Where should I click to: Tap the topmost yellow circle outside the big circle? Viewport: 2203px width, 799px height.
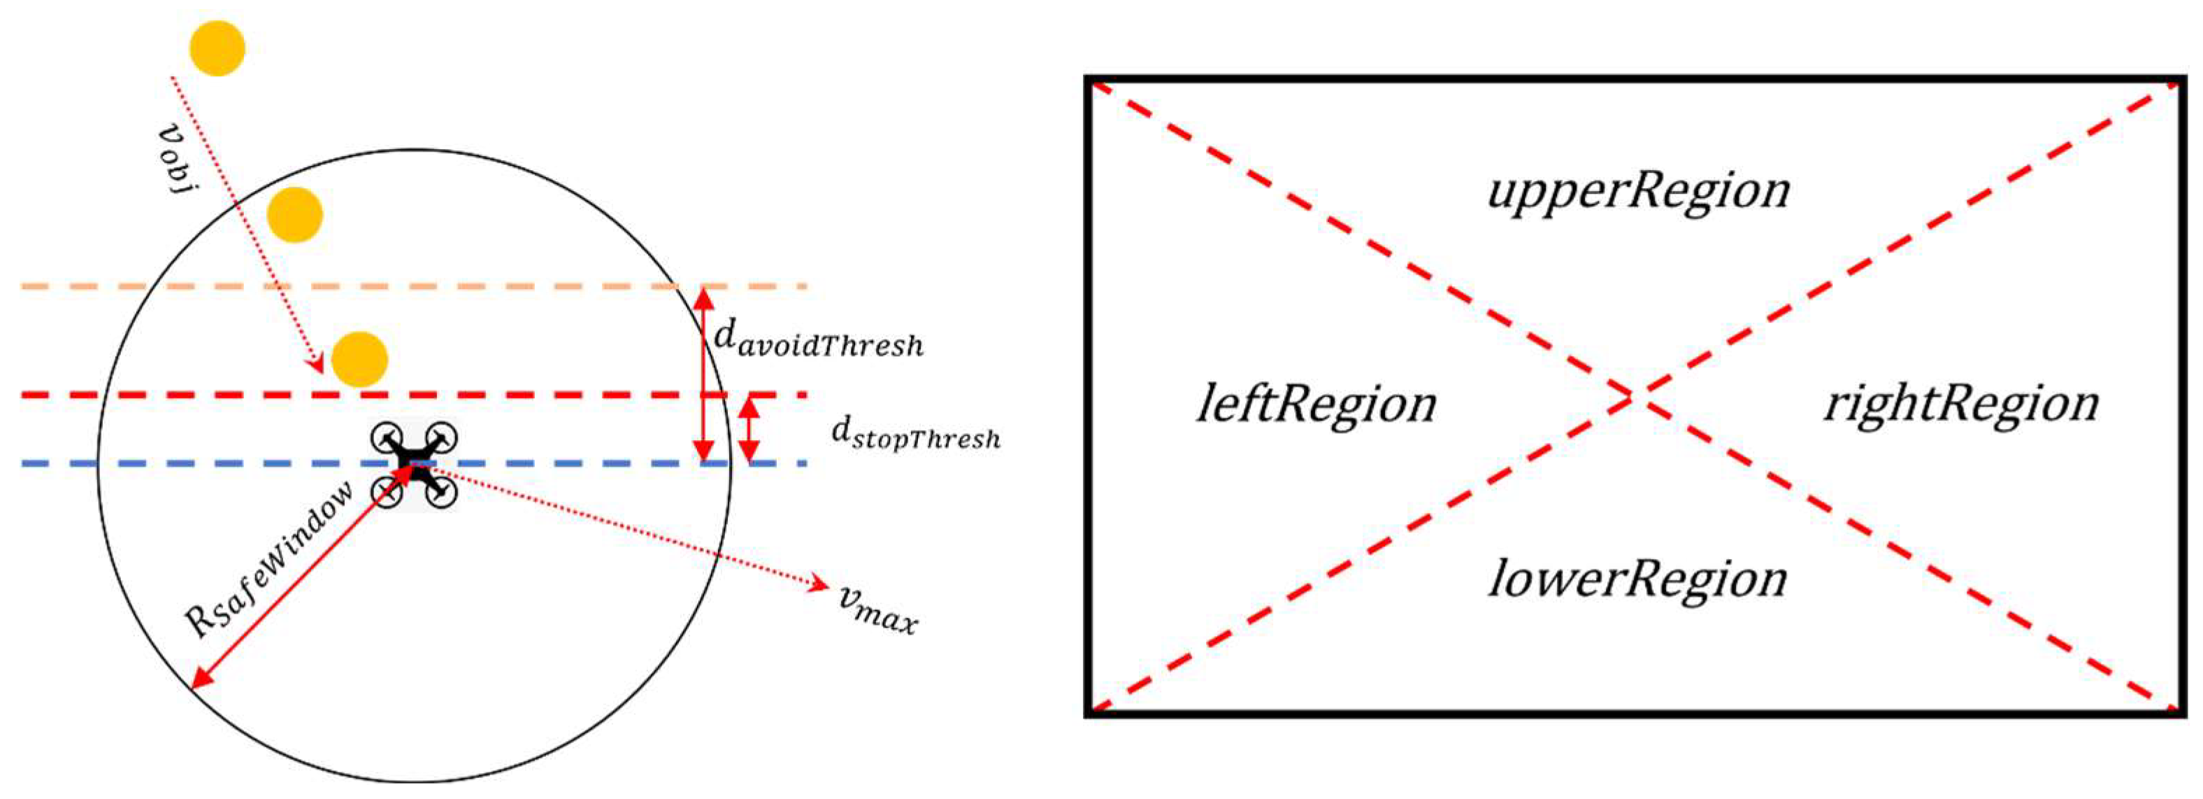click(217, 49)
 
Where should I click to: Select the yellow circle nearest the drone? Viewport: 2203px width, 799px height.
click(359, 360)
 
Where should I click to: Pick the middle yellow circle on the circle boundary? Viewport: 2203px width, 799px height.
click(295, 215)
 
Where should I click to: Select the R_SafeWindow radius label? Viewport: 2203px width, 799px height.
click(269, 560)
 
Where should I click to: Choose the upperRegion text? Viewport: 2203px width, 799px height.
click(1637, 190)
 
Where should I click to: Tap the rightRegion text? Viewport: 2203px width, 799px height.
click(1961, 404)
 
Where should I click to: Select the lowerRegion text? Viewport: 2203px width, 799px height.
click(1637, 579)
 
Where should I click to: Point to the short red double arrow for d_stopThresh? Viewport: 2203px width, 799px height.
click(749, 430)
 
